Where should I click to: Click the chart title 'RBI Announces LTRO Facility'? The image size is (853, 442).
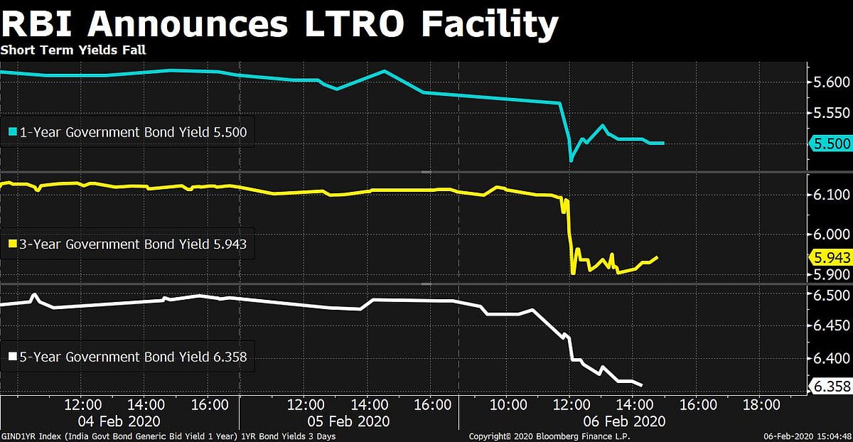(279, 25)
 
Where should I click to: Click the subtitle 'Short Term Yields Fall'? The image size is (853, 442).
(73, 50)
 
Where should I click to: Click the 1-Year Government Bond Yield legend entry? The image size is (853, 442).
(128, 131)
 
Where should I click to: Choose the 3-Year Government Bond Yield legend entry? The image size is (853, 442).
(128, 244)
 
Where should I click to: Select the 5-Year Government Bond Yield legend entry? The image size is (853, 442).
(128, 357)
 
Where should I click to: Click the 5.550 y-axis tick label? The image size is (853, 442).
(831, 113)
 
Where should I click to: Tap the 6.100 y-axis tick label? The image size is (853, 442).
(831, 195)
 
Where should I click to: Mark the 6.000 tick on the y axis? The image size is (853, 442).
(831, 235)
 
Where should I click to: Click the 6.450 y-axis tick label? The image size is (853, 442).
(831, 326)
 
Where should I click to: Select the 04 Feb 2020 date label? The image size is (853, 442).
(120, 421)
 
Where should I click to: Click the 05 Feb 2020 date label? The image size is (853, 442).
(349, 421)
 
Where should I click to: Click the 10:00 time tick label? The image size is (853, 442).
(508, 405)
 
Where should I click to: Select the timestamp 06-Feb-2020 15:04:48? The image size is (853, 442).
(804, 435)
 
